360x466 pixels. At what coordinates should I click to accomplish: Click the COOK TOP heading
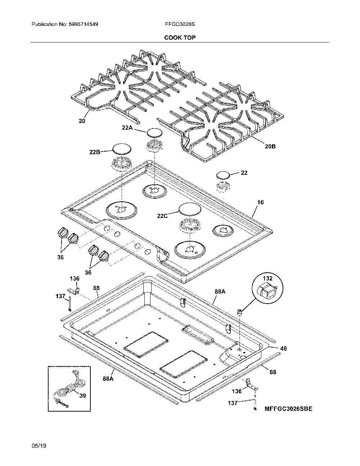[x=180, y=37]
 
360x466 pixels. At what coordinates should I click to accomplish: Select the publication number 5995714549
[x=84, y=24]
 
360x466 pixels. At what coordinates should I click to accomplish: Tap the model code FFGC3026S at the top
[x=180, y=24]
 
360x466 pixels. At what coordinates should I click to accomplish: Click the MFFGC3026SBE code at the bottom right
[x=288, y=408]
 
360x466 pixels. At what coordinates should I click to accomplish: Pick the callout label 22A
[x=127, y=127]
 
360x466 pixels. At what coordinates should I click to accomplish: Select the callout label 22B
[x=95, y=152]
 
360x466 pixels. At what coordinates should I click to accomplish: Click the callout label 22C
[x=162, y=216]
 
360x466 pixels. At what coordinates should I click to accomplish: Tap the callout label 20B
[x=270, y=147]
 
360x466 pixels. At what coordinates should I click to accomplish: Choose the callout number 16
[x=260, y=202]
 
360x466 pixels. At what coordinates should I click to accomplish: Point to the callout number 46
[x=283, y=349]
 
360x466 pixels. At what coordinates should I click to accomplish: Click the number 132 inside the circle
[x=267, y=278]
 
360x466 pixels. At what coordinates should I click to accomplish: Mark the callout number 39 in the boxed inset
[x=83, y=396]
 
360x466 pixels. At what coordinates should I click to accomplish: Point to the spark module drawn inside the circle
[x=267, y=291]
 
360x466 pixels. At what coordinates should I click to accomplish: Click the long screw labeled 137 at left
[x=70, y=304]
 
